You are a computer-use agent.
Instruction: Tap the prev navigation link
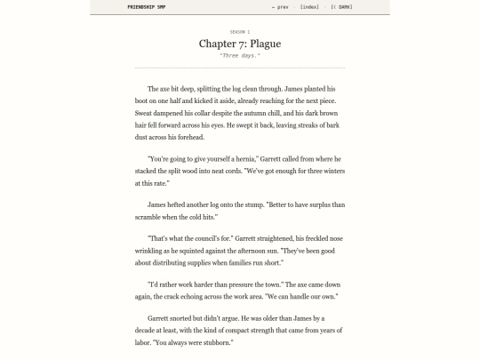click(x=281, y=7)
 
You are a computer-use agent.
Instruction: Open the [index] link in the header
click(x=309, y=7)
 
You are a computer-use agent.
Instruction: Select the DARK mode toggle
click(x=342, y=7)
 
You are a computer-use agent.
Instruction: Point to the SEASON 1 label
click(x=240, y=31)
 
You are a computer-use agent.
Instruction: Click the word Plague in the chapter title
click(x=266, y=44)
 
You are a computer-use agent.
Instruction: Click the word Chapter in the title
click(x=217, y=44)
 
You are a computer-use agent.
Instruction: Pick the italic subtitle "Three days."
click(x=240, y=56)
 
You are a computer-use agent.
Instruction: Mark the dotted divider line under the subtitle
click(x=240, y=68)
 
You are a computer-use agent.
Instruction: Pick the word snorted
click(x=182, y=318)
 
